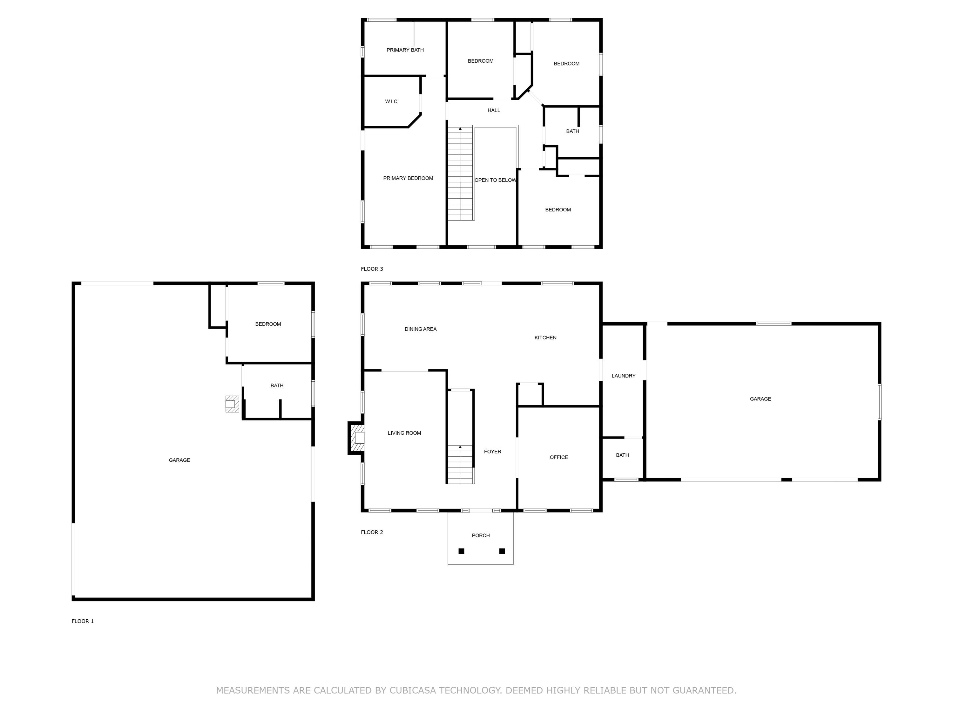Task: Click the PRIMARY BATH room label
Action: click(x=405, y=50)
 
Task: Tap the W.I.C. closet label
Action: click(x=392, y=102)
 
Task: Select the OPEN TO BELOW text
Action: click(x=495, y=180)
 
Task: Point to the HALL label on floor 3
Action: click(x=494, y=110)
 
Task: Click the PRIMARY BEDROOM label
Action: click(x=408, y=178)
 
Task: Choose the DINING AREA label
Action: click(x=421, y=329)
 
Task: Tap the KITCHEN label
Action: click(x=545, y=338)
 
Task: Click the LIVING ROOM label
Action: click(x=404, y=433)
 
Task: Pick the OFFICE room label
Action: click(x=559, y=457)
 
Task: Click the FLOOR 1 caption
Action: click(x=83, y=621)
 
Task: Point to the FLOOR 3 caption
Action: click(x=372, y=269)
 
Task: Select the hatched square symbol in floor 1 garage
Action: click(x=232, y=404)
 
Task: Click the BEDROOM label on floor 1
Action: click(x=268, y=324)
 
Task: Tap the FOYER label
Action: click(x=492, y=452)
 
